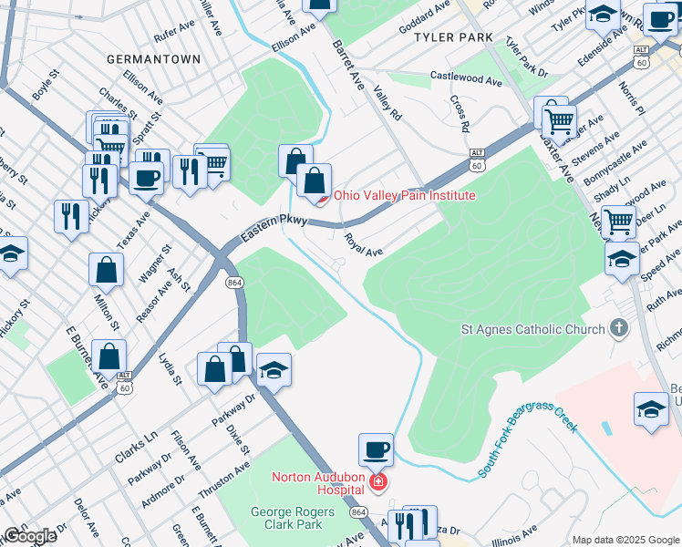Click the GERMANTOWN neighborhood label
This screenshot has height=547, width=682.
(153, 58)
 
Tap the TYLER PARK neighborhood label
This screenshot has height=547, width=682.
(453, 37)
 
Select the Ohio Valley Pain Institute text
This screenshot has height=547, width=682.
(404, 195)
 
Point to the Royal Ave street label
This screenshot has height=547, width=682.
(362, 244)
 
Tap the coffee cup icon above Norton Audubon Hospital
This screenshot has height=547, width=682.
(376, 449)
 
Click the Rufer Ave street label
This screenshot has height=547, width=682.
(176, 36)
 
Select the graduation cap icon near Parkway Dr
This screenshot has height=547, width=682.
(274, 370)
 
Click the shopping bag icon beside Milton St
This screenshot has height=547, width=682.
(107, 270)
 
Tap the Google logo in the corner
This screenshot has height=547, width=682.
(29, 536)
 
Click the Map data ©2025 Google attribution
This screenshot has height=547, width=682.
(625, 540)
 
